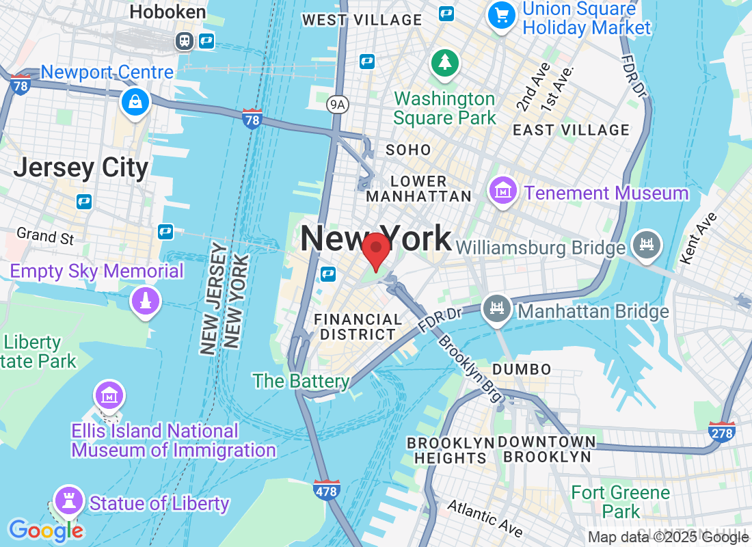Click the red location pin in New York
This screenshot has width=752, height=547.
point(375,251)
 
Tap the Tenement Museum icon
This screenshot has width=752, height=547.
point(503,191)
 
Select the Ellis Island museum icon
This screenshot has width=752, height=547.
point(109,395)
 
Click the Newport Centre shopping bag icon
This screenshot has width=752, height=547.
point(135,103)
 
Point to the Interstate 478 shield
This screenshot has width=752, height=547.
point(327,490)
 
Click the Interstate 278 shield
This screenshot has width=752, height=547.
point(722,431)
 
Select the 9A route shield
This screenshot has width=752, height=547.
point(338,104)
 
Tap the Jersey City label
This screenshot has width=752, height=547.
point(81,168)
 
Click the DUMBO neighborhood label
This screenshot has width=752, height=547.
point(522,369)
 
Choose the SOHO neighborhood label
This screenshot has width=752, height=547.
point(409,150)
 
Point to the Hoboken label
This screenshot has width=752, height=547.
point(167,12)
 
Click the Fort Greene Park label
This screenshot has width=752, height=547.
point(621,502)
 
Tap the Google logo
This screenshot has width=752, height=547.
point(45,530)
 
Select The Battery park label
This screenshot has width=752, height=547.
point(301,381)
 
